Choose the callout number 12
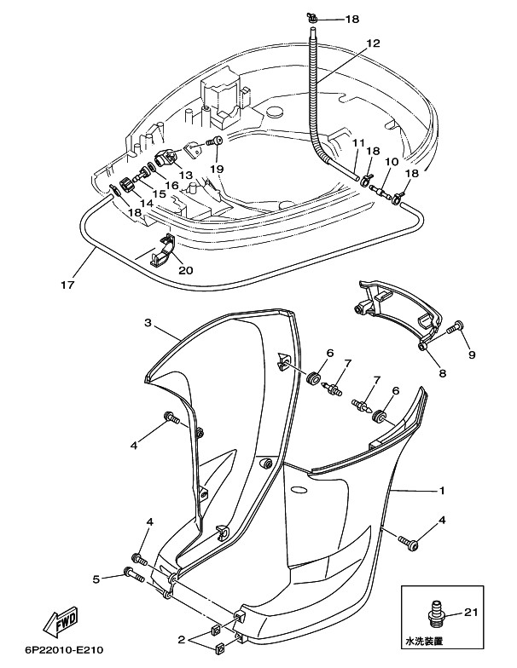(x=374, y=43)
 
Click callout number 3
(x=148, y=324)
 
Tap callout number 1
(x=442, y=491)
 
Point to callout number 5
(x=97, y=579)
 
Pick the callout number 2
(x=180, y=638)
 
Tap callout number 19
(x=217, y=170)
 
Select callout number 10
(x=392, y=161)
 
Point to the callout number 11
(x=357, y=142)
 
